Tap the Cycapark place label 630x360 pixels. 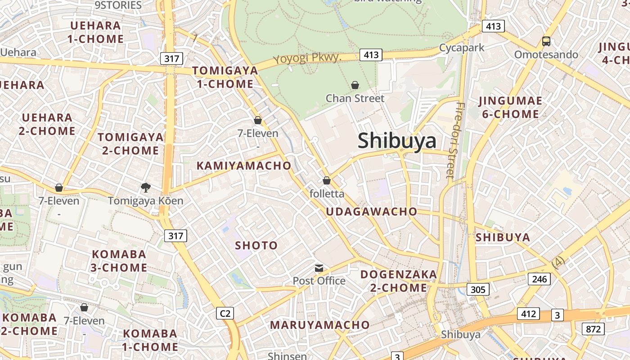pos(462,48)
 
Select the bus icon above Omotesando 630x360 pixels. pos(546,41)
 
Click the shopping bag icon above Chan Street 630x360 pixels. pos(355,85)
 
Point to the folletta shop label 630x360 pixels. pos(327,193)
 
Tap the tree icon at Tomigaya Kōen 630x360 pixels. pos(145,187)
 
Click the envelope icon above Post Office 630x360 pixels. pos(319,268)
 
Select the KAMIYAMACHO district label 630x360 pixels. pos(244,166)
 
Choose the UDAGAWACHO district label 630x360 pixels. pos(371,211)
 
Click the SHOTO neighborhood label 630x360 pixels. pos(256,245)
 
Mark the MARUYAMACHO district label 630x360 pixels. pos(319,324)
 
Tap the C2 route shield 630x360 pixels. pos(225,313)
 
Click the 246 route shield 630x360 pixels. pos(539,279)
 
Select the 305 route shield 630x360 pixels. pos(477,289)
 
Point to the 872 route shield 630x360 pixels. pos(593,329)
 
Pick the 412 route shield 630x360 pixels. pos(528,313)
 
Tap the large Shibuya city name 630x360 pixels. pos(397,141)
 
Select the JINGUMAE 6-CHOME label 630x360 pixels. pos(510,107)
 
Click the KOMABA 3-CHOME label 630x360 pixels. pos(119,261)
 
